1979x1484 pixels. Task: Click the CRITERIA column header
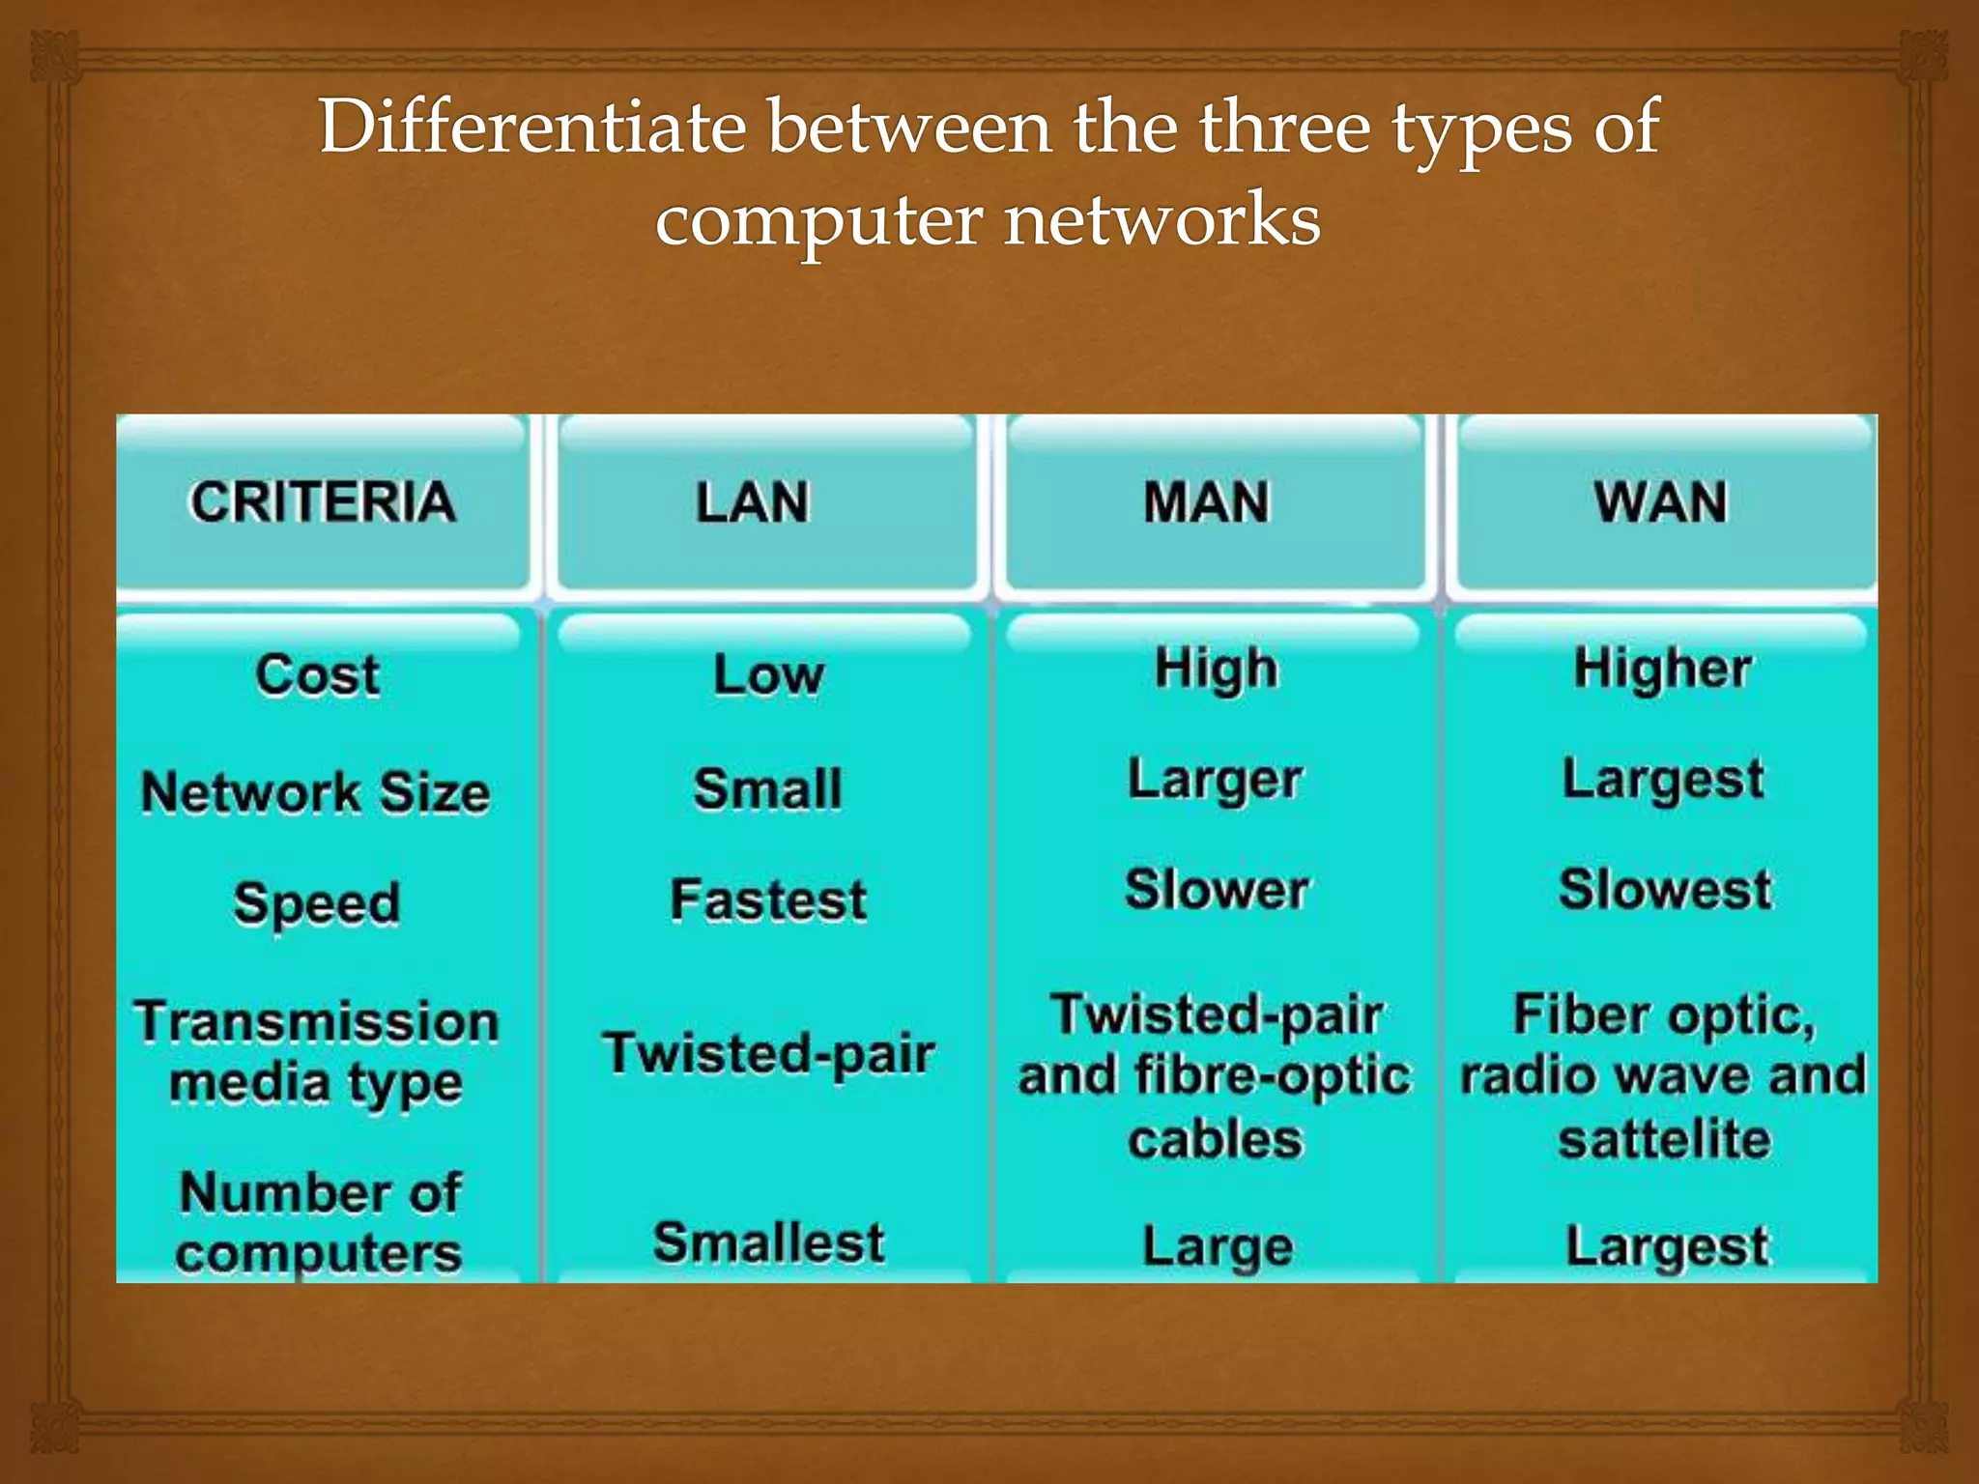pos(322,501)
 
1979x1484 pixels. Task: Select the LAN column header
pos(753,502)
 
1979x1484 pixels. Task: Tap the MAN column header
pos(1206,502)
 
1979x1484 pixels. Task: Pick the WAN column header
pos(1660,502)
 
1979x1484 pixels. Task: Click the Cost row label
pos(318,674)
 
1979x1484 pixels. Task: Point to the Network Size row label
pos(316,792)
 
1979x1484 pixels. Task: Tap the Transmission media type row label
pos(317,1051)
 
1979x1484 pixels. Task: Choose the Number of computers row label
pos(319,1222)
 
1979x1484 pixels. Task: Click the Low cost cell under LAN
pos(768,674)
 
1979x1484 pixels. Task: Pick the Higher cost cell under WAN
pos(1662,669)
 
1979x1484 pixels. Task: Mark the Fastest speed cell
pos(768,900)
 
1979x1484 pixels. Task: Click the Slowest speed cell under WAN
pos(1665,889)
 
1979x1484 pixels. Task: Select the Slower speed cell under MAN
pos(1217,889)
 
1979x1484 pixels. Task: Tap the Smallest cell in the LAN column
pos(768,1242)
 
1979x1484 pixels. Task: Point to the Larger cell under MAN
pos(1216,780)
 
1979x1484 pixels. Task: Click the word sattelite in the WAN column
pos(1664,1139)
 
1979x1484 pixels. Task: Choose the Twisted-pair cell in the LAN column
pos(768,1052)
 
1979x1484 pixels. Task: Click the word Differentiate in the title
pos(532,127)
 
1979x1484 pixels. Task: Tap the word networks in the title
pos(1162,219)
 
